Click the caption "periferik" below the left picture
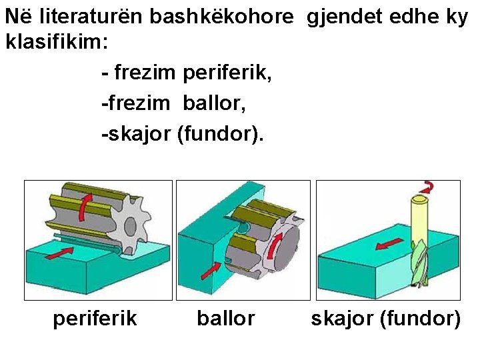95,319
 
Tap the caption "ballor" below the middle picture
225,319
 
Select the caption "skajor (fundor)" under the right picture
386,319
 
